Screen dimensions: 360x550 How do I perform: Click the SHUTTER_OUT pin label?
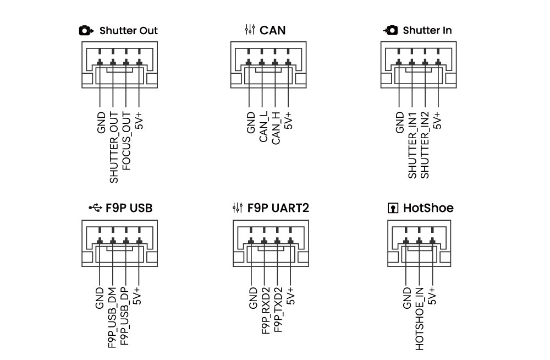point(114,148)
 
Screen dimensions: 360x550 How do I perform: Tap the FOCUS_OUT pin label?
point(127,140)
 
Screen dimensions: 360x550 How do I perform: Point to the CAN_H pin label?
point(277,128)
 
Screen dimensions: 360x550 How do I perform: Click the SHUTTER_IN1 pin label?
point(412,145)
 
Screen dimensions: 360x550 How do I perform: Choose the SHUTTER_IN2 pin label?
point(425,145)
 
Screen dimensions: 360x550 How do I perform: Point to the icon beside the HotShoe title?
point(393,208)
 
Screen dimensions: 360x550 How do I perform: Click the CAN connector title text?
point(273,30)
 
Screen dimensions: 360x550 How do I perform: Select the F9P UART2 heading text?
point(278,208)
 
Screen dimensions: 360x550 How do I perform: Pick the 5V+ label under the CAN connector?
point(290,120)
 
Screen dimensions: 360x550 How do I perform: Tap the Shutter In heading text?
point(427,30)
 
